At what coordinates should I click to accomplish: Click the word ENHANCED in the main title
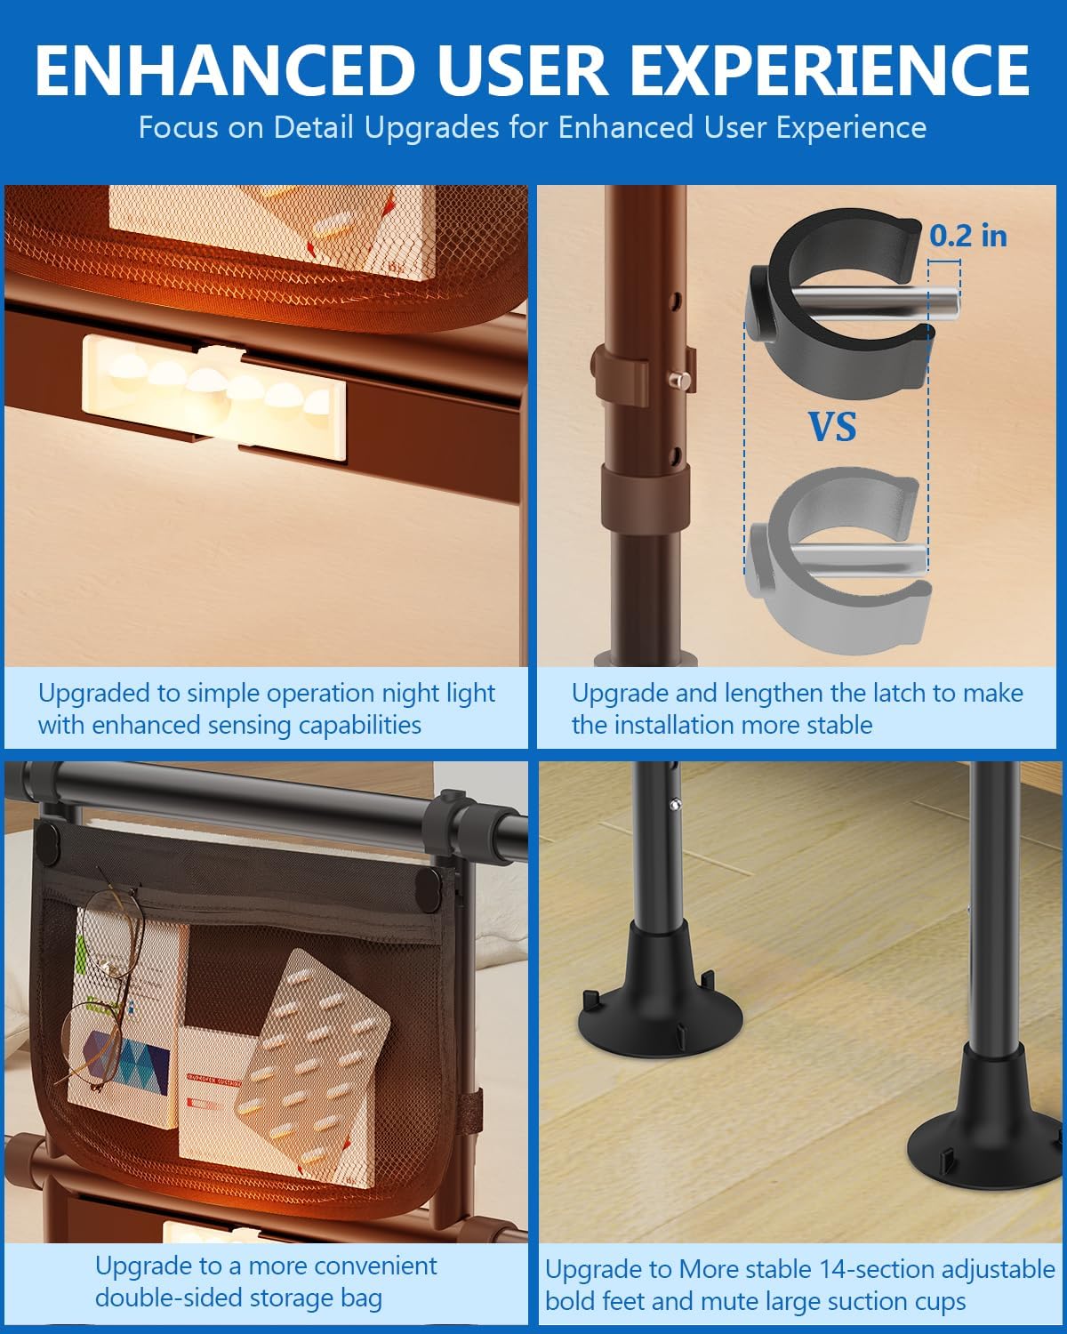[226, 70]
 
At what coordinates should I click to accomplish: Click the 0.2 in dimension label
[968, 236]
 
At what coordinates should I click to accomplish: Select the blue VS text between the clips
[832, 427]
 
